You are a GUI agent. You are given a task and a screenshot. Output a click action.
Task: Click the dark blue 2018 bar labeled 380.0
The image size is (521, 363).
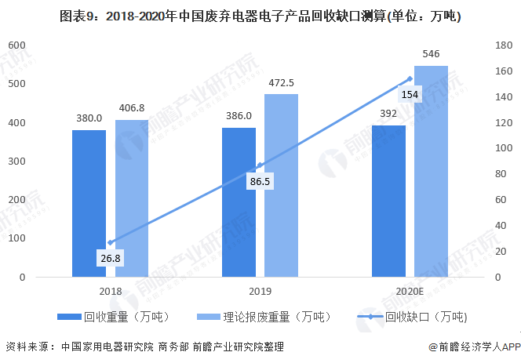(x=89, y=204)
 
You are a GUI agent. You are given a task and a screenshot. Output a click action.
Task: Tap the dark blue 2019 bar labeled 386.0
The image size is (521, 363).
(x=239, y=202)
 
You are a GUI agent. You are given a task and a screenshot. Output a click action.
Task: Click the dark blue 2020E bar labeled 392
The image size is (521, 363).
(x=388, y=201)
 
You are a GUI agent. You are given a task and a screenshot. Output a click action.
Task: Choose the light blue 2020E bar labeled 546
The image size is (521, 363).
(x=431, y=172)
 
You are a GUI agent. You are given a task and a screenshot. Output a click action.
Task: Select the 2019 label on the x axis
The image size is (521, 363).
(x=260, y=292)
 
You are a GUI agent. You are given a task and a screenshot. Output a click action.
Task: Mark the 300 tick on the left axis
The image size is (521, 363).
(x=16, y=162)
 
